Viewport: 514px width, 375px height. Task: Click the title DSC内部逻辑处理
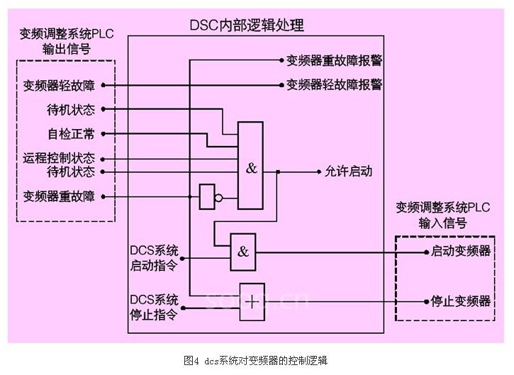(x=246, y=26)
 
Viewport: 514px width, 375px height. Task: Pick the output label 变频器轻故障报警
(x=334, y=85)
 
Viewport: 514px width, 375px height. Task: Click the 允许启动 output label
(x=348, y=172)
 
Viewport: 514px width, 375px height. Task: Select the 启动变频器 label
(x=461, y=252)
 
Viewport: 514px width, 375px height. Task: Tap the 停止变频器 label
(x=461, y=301)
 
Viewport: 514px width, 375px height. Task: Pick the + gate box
(x=251, y=301)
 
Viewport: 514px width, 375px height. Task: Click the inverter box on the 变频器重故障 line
(x=207, y=197)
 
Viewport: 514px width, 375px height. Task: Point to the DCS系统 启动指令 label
(x=154, y=258)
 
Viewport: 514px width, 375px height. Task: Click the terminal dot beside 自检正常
(x=104, y=133)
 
